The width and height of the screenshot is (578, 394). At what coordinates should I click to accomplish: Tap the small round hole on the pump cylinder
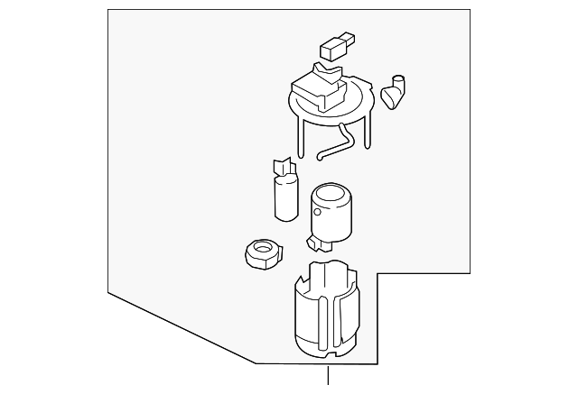pos(317,214)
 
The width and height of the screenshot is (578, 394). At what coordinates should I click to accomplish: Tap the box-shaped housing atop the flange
pos(315,89)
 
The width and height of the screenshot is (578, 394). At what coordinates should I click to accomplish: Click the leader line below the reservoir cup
pos(328,379)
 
